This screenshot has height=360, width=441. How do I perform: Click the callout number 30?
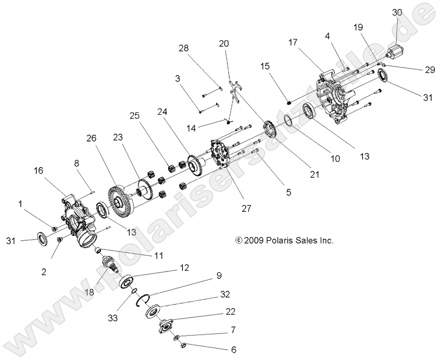coord(397,13)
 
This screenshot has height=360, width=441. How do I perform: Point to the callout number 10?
coord(335,159)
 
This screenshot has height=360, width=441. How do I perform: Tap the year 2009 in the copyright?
coord(254,240)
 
